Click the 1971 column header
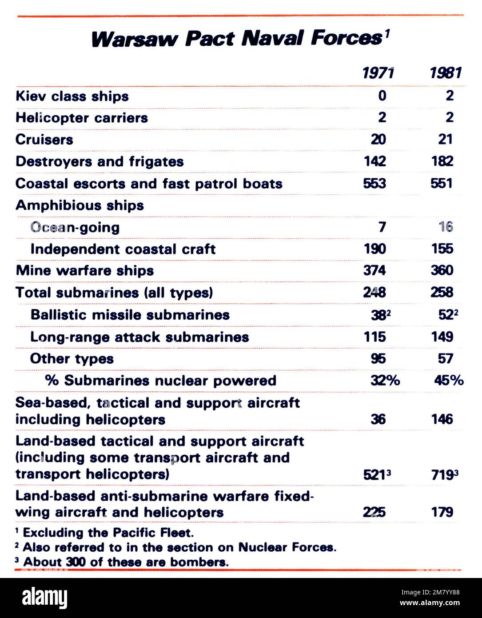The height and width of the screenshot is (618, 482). tap(378, 72)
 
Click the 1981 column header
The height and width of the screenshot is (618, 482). tap(446, 72)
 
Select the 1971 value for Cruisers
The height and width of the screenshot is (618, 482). tap(378, 140)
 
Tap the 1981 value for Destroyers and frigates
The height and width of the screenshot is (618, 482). tap(442, 161)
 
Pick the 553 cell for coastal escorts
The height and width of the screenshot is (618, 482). tap(374, 183)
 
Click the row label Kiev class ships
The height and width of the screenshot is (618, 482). tap(72, 96)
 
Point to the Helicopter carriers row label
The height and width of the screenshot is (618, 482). tap(81, 118)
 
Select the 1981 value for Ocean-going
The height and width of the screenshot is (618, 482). tap(446, 227)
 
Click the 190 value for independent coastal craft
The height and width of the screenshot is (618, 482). tap(375, 249)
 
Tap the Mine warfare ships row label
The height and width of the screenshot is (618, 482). tap(84, 270)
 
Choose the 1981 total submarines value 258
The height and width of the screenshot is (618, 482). tap(442, 292)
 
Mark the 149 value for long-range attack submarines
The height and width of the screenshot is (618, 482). tap(442, 337)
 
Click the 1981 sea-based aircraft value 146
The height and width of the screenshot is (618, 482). tap(442, 419)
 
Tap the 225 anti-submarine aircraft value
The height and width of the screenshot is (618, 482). tap(374, 512)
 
